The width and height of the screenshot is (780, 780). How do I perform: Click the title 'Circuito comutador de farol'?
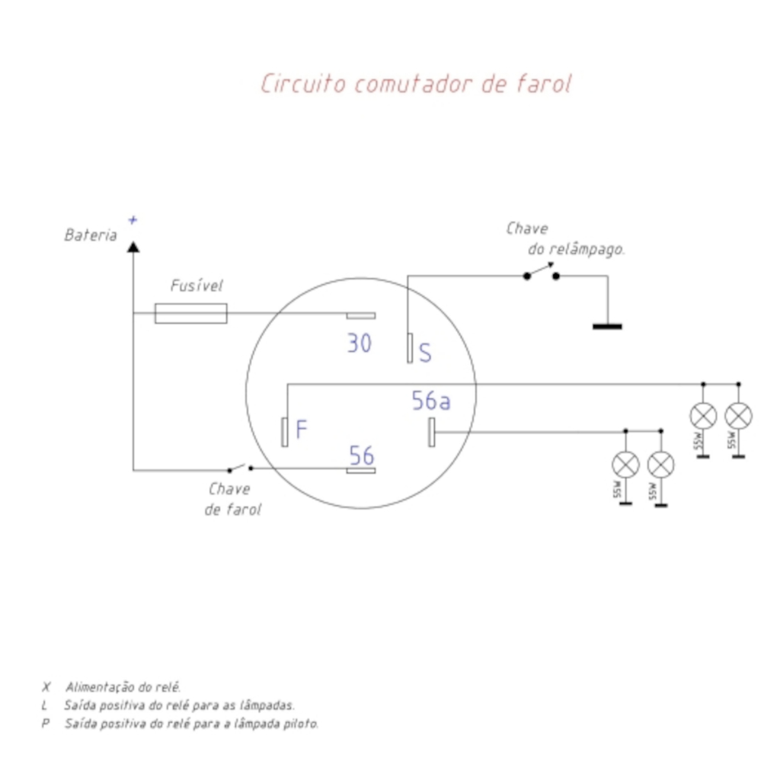(417, 84)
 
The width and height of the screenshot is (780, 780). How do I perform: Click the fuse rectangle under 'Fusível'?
(191, 313)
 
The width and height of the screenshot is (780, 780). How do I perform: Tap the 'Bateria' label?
(91, 235)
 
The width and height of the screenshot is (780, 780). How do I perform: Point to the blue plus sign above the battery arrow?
(133, 220)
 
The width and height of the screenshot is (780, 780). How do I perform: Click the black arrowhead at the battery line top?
(133, 247)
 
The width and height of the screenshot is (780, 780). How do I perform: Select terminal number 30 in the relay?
(360, 344)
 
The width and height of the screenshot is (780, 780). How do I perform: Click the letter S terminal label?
(425, 353)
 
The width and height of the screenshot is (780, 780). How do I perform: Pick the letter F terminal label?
(302, 429)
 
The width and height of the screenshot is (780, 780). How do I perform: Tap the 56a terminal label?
(431, 401)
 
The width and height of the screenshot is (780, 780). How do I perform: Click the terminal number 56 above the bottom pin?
(362, 456)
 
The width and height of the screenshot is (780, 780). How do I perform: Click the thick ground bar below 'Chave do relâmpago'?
(607, 327)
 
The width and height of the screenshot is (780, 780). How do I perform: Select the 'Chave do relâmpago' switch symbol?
(542, 272)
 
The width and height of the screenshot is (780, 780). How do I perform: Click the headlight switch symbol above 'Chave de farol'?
(240, 468)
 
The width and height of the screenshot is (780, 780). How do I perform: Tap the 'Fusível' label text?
(197, 286)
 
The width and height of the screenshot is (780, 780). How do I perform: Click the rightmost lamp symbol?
(739, 416)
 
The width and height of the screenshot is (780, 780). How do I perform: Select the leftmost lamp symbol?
(626, 465)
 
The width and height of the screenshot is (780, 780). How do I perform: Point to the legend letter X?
(46, 687)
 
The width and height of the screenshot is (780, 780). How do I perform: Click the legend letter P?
(46, 724)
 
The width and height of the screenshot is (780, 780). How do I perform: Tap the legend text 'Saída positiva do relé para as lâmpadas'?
(180, 705)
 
